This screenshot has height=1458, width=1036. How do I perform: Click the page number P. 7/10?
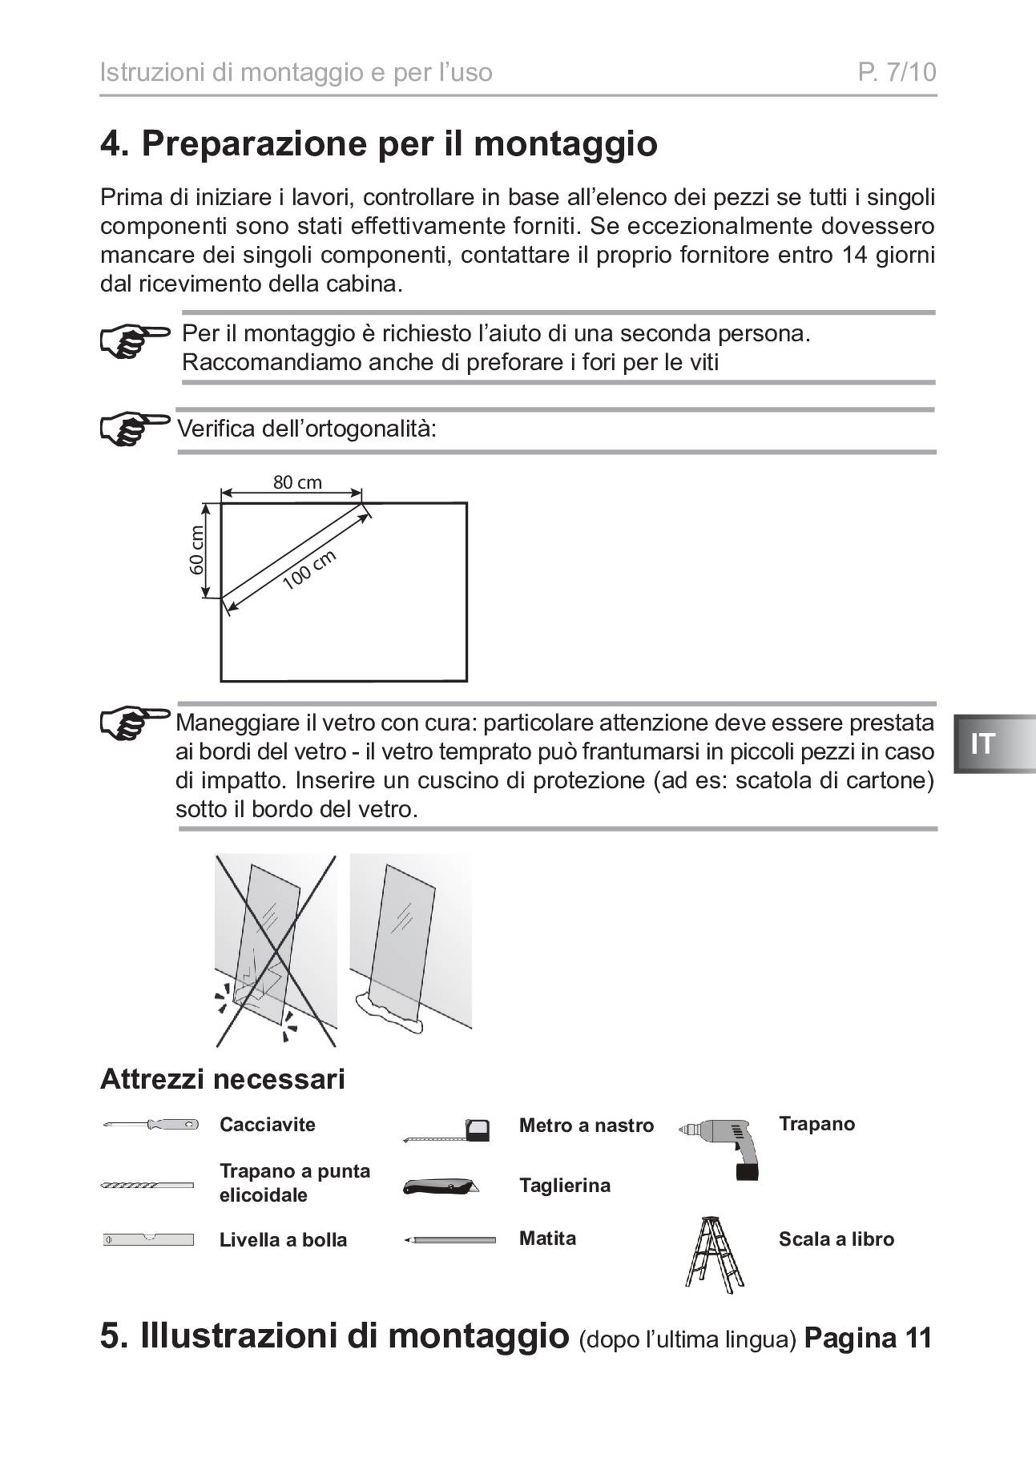(897, 73)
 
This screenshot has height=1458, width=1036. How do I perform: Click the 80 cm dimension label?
(297, 482)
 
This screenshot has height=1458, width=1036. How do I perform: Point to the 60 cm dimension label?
(197, 550)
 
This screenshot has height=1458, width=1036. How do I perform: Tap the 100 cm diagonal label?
(309, 570)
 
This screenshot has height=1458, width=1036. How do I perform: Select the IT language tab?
(983, 744)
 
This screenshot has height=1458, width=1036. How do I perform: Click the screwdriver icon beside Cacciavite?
(151, 1125)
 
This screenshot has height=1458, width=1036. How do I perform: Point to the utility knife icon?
(439, 1186)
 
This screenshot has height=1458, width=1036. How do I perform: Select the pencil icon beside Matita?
(449, 1240)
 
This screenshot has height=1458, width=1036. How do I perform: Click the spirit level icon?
(149, 1240)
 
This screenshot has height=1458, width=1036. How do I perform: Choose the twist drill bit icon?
(147, 1185)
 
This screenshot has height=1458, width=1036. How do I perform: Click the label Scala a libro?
(836, 1239)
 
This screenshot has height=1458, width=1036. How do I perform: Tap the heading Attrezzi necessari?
(223, 1079)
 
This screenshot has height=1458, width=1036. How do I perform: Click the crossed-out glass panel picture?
(276, 951)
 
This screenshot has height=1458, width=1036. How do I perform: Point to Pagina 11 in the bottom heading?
(868, 1338)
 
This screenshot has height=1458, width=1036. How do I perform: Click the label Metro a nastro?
(587, 1126)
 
